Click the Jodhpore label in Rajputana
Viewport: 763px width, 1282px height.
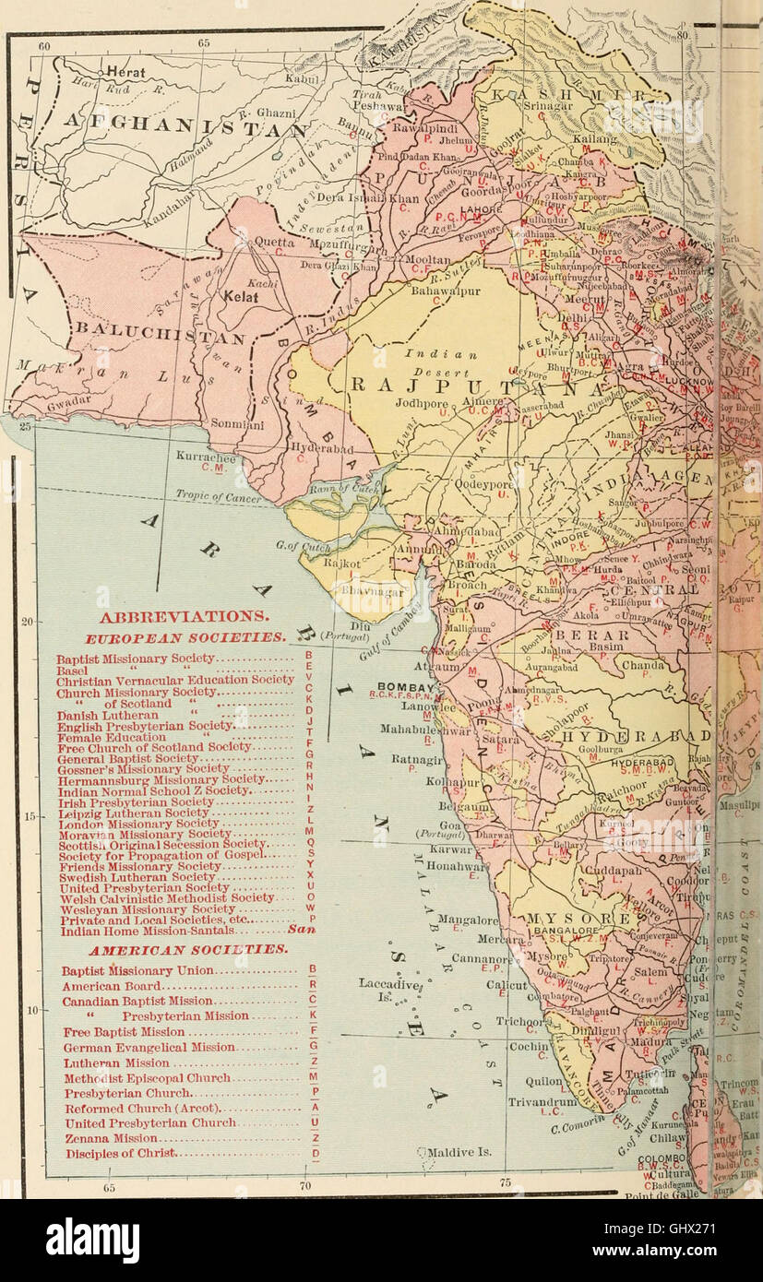423,403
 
